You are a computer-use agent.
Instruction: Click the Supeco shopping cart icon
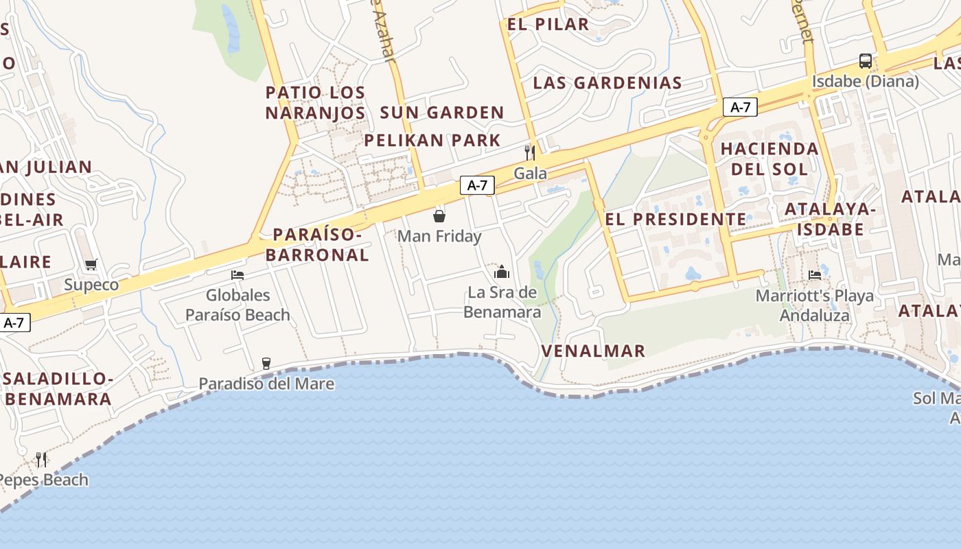[x=91, y=265]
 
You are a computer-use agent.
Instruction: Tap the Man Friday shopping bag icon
[x=439, y=216]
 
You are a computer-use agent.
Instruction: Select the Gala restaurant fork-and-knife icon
[x=530, y=152]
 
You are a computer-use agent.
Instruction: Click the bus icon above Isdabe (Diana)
[x=865, y=61]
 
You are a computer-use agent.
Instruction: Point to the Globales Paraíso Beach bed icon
[x=238, y=275]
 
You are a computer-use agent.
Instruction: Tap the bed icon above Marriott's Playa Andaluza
[x=815, y=275]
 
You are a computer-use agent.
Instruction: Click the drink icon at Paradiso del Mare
[x=266, y=364]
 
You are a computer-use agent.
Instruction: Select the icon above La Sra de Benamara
[x=502, y=272]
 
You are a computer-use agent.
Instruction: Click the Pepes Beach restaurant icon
[x=41, y=459]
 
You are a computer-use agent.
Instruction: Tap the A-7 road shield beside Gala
[x=477, y=185]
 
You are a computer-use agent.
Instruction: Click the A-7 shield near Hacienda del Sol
[x=740, y=107]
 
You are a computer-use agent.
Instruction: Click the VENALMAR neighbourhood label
[x=593, y=351]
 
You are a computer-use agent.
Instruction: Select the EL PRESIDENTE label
[x=675, y=220]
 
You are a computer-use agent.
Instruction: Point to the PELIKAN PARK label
[x=432, y=141]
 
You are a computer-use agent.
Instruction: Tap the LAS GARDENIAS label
[x=607, y=83]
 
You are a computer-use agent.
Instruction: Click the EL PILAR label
[x=548, y=25]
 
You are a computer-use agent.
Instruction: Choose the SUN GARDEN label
[x=442, y=113]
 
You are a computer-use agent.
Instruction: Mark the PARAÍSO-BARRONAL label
[x=317, y=244]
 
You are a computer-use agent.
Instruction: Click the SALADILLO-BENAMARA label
[x=58, y=389]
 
